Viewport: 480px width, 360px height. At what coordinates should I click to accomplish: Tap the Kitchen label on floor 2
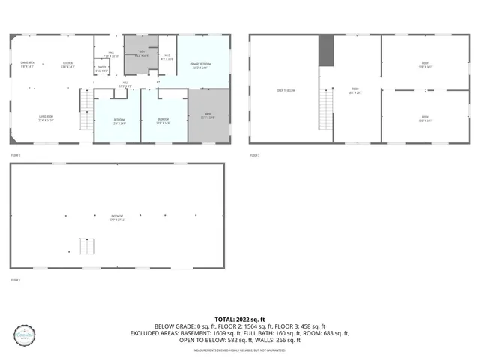[x=67, y=64]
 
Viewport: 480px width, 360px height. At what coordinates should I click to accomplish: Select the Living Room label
[x=46, y=118]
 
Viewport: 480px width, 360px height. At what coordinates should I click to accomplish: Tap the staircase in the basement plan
[x=88, y=246]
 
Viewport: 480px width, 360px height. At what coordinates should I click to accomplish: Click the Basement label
[x=117, y=218]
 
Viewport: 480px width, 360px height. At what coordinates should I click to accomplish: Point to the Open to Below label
[x=286, y=91]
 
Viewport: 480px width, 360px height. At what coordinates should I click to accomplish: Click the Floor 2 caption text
[x=15, y=154]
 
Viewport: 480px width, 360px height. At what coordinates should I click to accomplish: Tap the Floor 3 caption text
[x=255, y=154]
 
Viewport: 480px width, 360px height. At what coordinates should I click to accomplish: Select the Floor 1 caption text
[x=15, y=280]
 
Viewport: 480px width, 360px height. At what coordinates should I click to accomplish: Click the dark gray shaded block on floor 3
[x=326, y=50]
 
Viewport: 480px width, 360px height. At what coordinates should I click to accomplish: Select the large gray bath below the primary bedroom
[x=208, y=117]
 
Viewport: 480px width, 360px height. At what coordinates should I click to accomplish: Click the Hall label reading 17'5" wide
[x=125, y=85]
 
